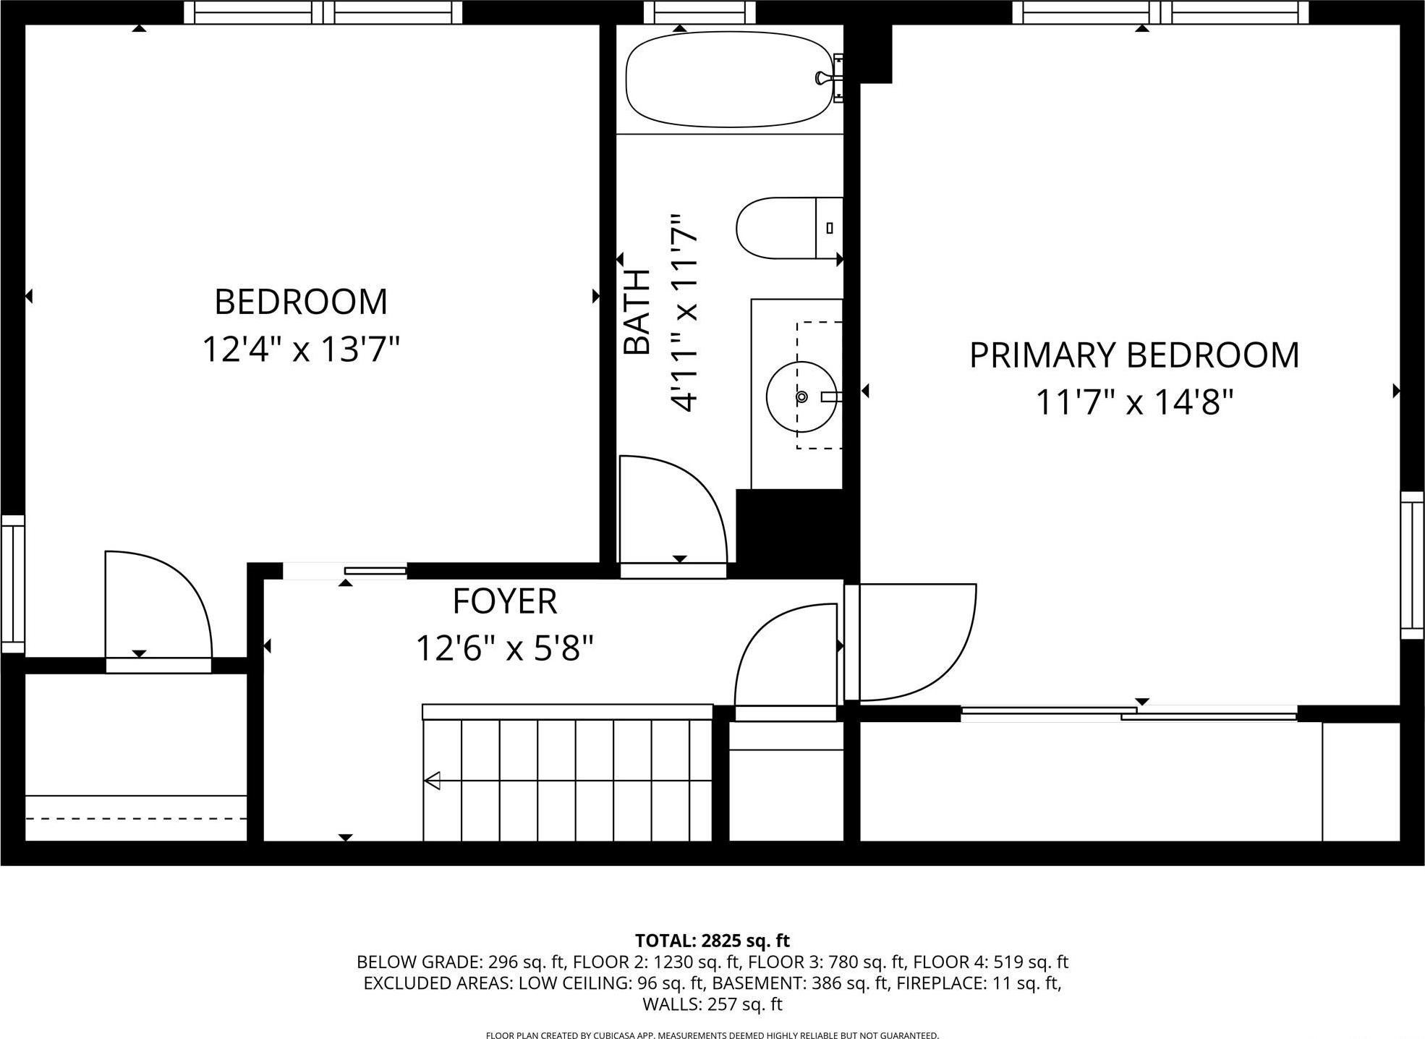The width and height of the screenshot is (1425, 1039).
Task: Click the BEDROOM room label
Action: click(x=301, y=302)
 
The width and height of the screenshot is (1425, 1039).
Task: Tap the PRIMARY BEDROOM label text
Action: click(x=1133, y=355)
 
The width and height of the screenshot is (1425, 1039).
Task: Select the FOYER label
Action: click(x=505, y=601)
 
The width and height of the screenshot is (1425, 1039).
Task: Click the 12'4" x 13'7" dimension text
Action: click(x=301, y=349)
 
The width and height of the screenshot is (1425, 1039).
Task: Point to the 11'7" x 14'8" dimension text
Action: click(x=1133, y=402)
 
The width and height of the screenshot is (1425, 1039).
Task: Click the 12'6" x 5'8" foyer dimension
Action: click(x=505, y=648)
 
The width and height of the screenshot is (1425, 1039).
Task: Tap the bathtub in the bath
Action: click(x=729, y=79)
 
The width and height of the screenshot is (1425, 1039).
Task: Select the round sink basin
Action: click(x=801, y=396)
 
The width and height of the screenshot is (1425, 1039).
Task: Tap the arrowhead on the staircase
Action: click(x=433, y=781)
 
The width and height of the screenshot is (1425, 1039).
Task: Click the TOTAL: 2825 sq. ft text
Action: click(x=712, y=941)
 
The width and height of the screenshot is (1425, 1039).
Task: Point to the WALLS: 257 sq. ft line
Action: click(x=712, y=1004)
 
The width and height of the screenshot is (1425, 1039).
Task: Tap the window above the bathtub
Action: click(x=699, y=12)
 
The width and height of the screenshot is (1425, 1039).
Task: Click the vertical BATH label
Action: click(x=637, y=312)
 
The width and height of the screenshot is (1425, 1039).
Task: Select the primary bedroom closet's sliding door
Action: click(x=1128, y=713)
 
